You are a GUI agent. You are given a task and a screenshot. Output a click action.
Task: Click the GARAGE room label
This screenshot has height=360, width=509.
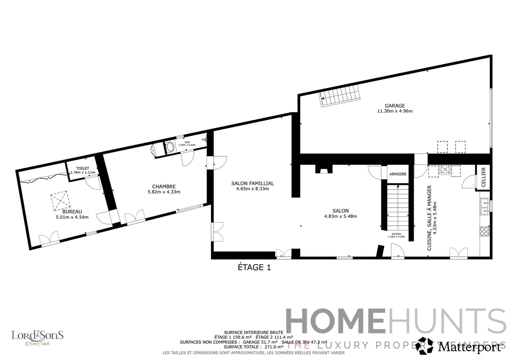pyautogui.click(x=395, y=106)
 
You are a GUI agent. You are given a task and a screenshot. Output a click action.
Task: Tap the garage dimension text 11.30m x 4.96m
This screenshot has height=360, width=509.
pyautogui.click(x=395, y=111)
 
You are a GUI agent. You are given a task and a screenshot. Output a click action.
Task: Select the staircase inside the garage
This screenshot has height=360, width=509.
pyautogui.click(x=340, y=95)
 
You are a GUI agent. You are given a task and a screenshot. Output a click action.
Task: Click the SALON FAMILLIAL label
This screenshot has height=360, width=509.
pyautogui.click(x=252, y=183)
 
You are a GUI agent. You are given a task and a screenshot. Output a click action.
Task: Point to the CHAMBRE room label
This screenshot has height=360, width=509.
pyautogui.click(x=164, y=187)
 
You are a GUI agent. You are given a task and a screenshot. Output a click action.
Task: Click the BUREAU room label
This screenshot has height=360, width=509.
pyautogui.click(x=72, y=212)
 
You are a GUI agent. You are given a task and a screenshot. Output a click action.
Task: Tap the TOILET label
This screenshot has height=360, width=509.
pyautogui.click(x=83, y=168)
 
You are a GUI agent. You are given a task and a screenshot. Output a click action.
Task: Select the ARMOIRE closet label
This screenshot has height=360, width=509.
pyautogui.click(x=398, y=174)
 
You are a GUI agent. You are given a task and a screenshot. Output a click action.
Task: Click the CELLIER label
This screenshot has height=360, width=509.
pyautogui.click(x=484, y=177)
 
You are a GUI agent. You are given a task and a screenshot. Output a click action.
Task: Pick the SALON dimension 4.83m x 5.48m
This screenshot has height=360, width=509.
pyautogui.click(x=340, y=216)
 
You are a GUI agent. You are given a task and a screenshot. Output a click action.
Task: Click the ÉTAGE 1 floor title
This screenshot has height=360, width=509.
pyautogui.click(x=254, y=267)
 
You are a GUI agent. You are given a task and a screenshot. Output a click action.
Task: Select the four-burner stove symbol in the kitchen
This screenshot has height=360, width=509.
pyautogui.click(x=484, y=231)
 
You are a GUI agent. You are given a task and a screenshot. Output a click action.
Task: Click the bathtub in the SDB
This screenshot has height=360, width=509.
pyautogui.click(x=170, y=147)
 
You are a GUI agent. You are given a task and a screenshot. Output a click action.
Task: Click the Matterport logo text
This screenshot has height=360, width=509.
pyautogui.click(x=469, y=347)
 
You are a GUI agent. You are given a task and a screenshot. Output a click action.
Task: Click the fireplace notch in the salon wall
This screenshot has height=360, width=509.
pyautogui.click(x=323, y=170)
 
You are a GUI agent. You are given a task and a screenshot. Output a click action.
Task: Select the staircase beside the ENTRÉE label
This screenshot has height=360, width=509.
pyautogui.click(x=398, y=207)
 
